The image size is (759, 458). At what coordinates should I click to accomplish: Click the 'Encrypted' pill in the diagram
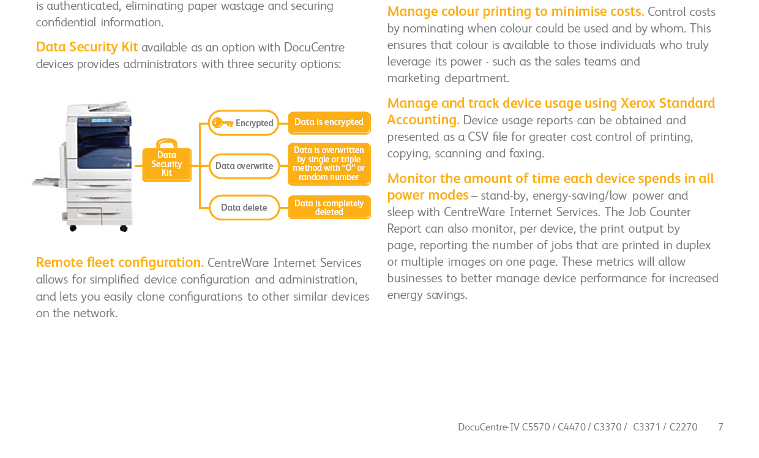(243, 122)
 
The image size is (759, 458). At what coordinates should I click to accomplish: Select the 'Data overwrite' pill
(244, 166)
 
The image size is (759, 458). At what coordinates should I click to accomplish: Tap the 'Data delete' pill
(244, 207)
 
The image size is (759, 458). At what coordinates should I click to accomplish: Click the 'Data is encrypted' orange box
(329, 122)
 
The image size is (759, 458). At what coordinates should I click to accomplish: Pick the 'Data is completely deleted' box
(329, 207)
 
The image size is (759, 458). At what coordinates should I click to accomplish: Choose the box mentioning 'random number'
(329, 164)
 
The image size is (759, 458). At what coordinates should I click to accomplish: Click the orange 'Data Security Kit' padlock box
(166, 160)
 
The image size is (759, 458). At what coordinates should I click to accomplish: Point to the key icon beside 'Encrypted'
(222, 122)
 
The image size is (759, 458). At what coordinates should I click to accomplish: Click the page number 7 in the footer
(720, 427)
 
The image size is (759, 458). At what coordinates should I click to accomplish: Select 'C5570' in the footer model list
(536, 427)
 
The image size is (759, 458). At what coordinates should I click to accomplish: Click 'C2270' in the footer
(684, 427)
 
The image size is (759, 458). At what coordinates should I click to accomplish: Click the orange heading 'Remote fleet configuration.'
(119, 263)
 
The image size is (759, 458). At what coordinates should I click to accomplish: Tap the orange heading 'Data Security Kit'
(87, 47)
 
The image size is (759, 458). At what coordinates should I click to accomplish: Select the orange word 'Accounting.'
(423, 119)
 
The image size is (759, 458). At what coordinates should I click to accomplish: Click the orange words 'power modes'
(428, 195)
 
